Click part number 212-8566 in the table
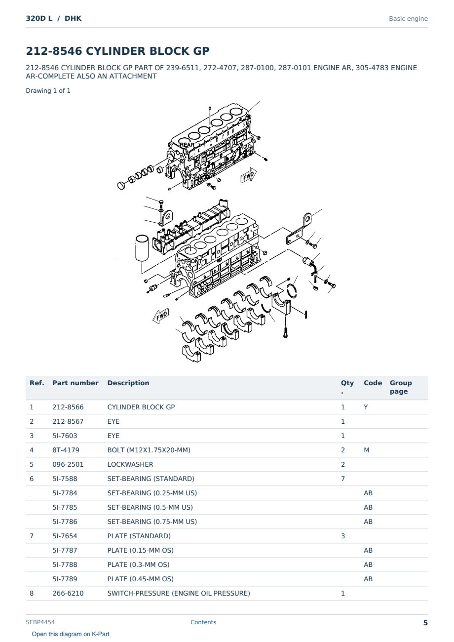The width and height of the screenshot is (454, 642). click(68, 407)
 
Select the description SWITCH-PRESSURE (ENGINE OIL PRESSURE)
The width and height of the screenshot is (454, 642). click(179, 593)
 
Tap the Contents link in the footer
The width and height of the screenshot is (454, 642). click(203, 622)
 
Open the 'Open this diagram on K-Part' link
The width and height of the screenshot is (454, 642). click(71, 634)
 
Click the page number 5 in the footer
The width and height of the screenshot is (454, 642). click(425, 623)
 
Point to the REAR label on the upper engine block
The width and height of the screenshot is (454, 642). click(187, 145)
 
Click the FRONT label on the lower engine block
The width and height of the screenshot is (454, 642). click(193, 261)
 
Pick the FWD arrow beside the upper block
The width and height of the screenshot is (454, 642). click(248, 175)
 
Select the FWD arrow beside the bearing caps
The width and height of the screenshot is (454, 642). click(161, 316)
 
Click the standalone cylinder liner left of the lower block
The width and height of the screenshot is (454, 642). click(142, 248)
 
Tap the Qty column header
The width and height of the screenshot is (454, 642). click(347, 387)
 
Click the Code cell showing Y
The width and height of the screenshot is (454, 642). click(366, 407)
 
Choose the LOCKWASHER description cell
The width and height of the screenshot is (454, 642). click(130, 464)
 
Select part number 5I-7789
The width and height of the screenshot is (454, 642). click(65, 579)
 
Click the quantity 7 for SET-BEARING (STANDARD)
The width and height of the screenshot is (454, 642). click(343, 479)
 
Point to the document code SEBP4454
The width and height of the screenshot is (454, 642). click(40, 622)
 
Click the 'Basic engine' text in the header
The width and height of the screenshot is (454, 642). click(408, 19)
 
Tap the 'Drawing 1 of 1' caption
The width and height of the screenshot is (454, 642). click(48, 91)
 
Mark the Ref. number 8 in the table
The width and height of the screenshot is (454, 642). click(32, 593)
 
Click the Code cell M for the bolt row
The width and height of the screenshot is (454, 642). click(366, 450)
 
